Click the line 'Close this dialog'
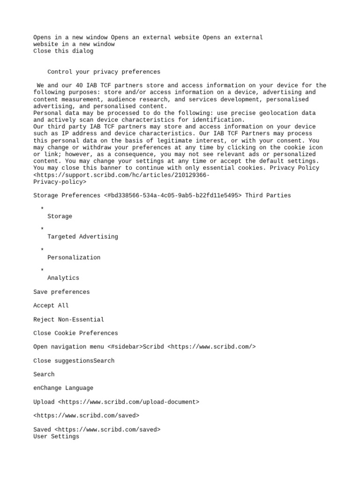(x=63, y=51)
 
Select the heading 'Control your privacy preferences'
(x=104, y=72)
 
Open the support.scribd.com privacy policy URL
(x=121, y=175)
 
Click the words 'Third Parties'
(x=268, y=195)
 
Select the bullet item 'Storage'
(x=60, y=216)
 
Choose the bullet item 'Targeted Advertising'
(x=82, y=237)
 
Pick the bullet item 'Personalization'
(x=74, y=257)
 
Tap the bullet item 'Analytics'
(x=63, y=278)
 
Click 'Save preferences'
(x=61, y=292)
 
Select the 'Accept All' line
(x=51, y=306)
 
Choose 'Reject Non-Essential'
(x=68, y=320)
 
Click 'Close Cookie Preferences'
(x=75, y=333)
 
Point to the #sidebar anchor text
(x=125, y=347)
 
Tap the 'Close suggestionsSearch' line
(x=74, y=361)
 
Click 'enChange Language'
(x=63, y=388)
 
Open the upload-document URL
(x=128, y=402)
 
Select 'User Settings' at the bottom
(x=56, y=436)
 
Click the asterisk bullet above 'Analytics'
(x=42, y=270)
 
